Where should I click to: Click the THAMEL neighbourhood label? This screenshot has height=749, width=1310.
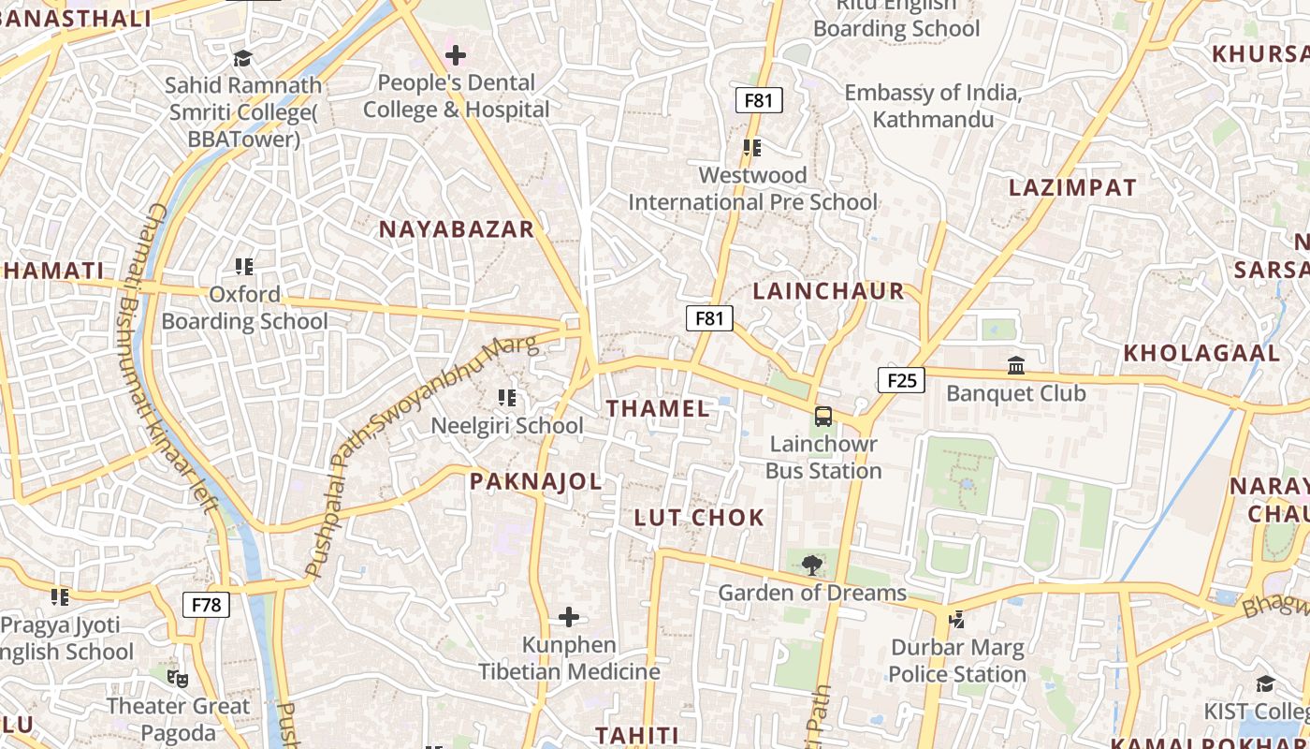click(658, 408)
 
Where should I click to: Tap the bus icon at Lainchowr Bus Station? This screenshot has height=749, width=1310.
click(823, 417)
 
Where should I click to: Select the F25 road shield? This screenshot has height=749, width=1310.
click(901, 379)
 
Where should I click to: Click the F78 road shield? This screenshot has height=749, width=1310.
click(206, 605)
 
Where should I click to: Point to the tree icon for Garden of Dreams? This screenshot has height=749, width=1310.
click(812, 564)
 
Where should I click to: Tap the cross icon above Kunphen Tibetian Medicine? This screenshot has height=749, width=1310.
click(569, 617)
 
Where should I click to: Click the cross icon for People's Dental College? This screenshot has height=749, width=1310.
click(456, 55)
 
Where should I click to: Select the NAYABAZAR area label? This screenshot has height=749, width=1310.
click(456, 229)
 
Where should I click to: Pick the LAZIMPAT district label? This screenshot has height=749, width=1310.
click(1072, 187)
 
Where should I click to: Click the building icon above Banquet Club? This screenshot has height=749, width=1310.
click(1016, 365)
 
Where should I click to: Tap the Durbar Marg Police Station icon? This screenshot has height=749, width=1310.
click(956, 619)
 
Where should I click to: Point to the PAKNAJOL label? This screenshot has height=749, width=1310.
click(535, 481)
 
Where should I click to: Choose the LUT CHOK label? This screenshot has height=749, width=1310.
click(699, 518)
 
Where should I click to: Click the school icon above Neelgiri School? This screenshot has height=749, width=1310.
click(507, 398)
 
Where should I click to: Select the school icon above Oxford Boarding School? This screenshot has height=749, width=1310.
click(244, 267)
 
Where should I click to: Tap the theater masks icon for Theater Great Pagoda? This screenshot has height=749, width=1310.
click(177, 678)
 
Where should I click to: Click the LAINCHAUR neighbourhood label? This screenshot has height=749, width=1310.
click(828, 291)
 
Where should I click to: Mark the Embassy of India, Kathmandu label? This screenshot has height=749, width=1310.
click(932, 106)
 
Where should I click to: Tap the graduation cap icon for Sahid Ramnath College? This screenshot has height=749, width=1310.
click(243, 58)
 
